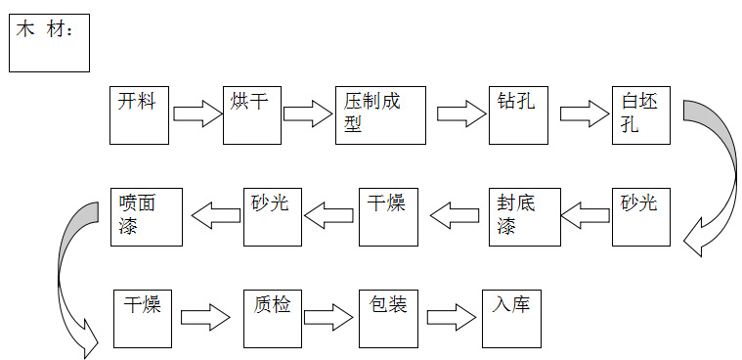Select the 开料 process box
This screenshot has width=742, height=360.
tap(139, 115)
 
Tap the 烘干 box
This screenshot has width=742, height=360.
tap(251, 115)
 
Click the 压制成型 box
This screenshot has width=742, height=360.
tap(380, 115)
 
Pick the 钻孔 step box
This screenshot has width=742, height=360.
tap(517, 115)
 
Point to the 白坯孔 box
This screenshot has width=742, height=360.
tap(641, 115)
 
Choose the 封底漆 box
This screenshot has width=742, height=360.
tap(524, 215)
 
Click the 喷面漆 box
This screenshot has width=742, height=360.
tap(147, 215)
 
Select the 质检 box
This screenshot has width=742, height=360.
tap(272, 318)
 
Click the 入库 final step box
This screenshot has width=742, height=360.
tap(511, 318)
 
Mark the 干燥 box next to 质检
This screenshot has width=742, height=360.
tap(143, 318)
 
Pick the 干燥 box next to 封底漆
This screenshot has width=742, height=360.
tap(389, 215)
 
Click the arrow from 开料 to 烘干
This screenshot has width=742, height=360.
tap(198, 113)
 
